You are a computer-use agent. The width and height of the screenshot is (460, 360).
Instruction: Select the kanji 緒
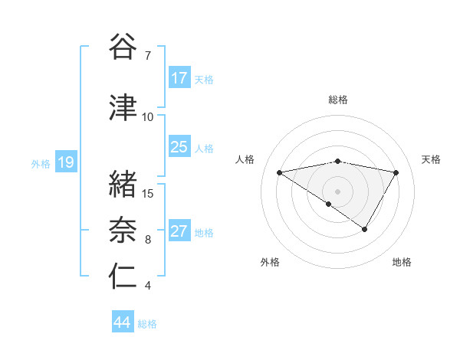[123, 184]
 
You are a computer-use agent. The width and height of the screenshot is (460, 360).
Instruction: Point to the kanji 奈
[123, 231]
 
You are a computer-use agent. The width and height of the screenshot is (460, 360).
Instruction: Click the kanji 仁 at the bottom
[123, 277]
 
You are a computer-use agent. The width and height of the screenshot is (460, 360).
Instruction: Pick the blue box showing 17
[179, 78]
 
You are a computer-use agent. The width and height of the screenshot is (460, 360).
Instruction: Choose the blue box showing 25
[179, 147]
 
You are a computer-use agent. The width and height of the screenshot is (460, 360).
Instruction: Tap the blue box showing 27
[179, 231]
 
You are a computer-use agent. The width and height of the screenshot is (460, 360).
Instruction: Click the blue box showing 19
[65, 162]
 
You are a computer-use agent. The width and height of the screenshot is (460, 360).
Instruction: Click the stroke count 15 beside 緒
[148, 193]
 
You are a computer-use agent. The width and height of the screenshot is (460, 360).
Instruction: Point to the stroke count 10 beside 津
[148, 116]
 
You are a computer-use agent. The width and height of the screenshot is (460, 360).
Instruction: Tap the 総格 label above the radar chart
[338, 100]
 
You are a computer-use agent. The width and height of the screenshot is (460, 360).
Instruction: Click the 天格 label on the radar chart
[432, 159]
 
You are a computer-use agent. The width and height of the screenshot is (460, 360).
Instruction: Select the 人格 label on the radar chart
[245, 159]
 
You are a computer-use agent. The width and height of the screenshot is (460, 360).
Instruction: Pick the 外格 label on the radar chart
[270, 262]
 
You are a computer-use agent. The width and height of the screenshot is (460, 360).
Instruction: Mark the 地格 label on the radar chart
[402, 262]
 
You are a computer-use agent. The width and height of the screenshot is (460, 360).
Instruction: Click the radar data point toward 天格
[396, 173]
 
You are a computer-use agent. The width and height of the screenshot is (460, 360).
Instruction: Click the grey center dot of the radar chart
[338, 191]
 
